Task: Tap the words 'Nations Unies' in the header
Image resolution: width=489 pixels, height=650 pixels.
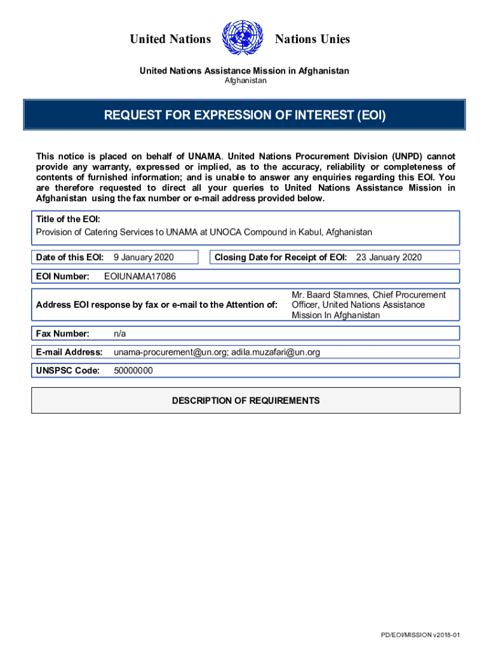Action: click(312, 39)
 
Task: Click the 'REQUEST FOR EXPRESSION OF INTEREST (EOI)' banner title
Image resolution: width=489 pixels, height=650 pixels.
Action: click(245, 116)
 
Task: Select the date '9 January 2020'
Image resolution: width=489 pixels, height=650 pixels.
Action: click(144, 257)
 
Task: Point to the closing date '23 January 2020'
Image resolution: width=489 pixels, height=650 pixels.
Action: click(389, 257)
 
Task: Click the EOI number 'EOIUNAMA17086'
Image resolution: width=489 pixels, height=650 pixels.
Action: click(140, 276)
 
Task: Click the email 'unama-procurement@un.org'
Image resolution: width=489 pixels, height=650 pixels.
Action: click(170, 352)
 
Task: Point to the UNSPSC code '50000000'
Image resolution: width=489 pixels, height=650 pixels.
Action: click(133, 371)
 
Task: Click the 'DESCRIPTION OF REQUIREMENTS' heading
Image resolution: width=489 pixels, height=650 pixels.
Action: click(246, 401)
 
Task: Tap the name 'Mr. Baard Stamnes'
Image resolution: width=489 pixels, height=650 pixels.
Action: click(329, 295)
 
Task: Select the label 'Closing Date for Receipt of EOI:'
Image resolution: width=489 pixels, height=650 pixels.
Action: click(281, 257)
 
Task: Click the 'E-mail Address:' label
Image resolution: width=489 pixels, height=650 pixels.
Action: click(69, 352)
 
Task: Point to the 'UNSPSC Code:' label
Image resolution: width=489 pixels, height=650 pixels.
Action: click(68, 371)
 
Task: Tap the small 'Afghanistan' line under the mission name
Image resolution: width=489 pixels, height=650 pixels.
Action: click(246, 81)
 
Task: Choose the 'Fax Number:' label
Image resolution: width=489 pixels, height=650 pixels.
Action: click(62, 333)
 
